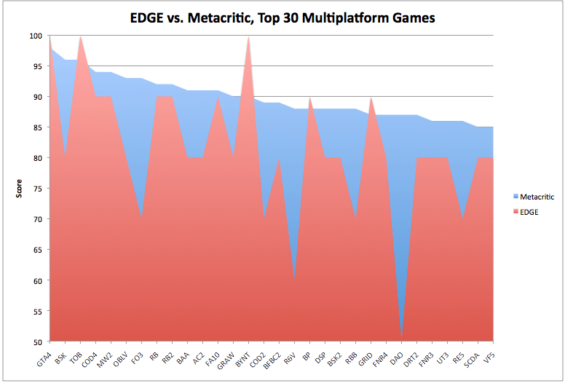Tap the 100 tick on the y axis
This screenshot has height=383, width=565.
pyautogui.click(x=36, y=36)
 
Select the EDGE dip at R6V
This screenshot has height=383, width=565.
pyautogui.click(x=295, y=280)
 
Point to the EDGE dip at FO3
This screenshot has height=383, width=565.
pyautogui.click(x=142, y=218)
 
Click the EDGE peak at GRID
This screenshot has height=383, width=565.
pyautogui.click(x=371, y=97)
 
